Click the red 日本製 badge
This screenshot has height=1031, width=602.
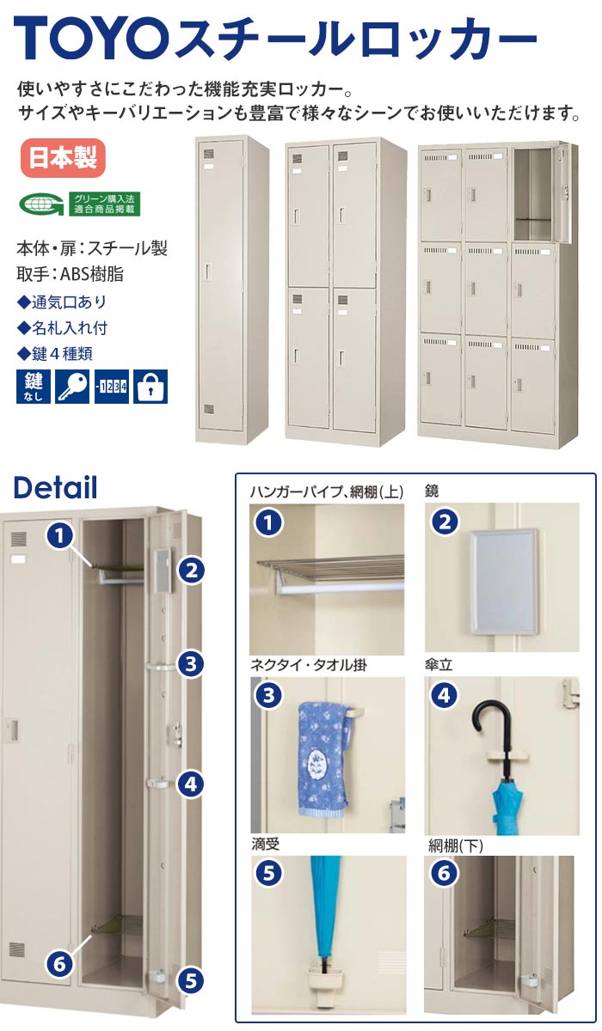point(62,158)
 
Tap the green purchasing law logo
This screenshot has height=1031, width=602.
point(80,204)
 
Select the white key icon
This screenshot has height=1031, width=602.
point(71,387)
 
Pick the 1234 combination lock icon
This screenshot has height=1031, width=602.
point(111,387)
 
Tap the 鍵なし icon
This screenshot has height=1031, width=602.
point(32,387)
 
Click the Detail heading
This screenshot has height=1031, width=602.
point(56,488)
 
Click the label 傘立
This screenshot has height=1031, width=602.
point(439,664)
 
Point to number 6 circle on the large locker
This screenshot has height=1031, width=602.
point(59,963)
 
